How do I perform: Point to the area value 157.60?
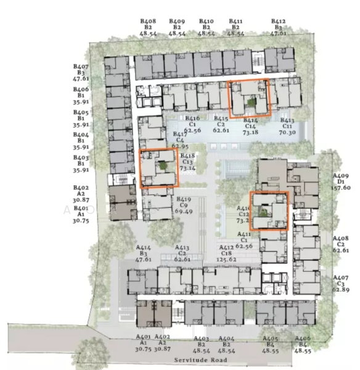tap(341, 187)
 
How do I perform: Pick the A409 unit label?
tap(341, 175)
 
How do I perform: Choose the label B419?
tap(185, 199)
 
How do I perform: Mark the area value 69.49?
tap(185, 212)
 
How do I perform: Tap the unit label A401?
tap(143, 337)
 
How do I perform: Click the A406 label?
tap(303, 339)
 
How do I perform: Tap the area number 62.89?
tap(341, 289)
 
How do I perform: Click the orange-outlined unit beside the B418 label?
tap(159, 168)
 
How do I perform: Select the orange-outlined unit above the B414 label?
tap(250, 97)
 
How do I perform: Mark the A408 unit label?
tap(341, 238)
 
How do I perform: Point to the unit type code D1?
tap(341, 181)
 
